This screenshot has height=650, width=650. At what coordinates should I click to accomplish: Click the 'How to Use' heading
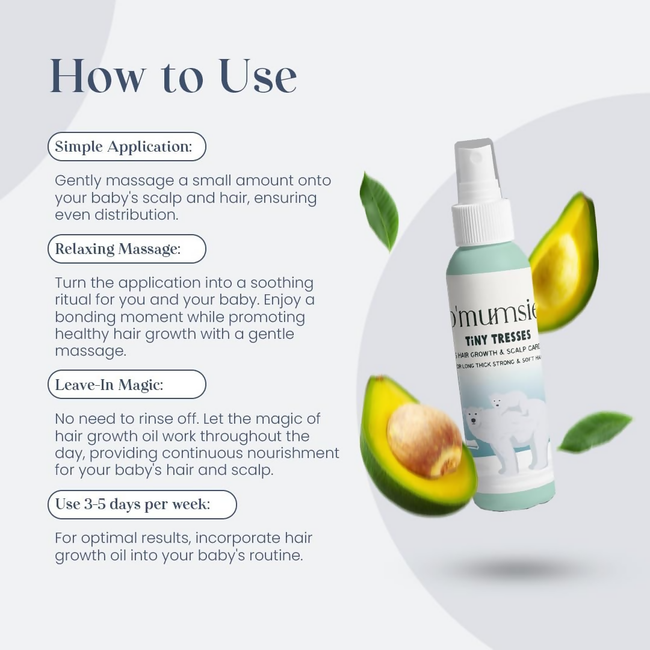point(173,76)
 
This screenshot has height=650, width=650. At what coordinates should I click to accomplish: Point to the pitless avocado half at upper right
point(563,262)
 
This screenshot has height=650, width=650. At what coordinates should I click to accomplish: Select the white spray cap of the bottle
point(482,193)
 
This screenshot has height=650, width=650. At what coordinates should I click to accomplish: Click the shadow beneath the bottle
point(518,569)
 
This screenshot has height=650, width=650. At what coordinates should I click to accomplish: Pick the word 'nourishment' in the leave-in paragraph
point(294,453)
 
